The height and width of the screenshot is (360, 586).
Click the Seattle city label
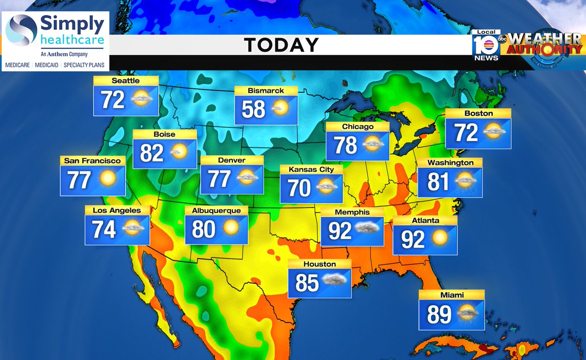click(126, 81)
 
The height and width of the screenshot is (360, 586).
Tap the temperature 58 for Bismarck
click(253, 109)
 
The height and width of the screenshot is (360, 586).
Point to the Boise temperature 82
click(151, 153)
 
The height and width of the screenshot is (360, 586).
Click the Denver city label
click(232, 160)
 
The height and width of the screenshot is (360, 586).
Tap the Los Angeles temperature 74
click(105, 229)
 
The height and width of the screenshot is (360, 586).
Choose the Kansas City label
click(311, 169)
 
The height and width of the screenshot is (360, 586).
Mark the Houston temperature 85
click(307, 283)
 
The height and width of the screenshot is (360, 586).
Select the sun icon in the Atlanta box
click(439, 238)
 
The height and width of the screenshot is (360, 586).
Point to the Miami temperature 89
click(439, 315)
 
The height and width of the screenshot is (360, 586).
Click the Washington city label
click(450, 163)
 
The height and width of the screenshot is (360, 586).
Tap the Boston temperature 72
click(466, 133)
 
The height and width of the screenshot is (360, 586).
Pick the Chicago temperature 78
click(345, 146)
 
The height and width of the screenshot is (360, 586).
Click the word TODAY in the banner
click(281, 45)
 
